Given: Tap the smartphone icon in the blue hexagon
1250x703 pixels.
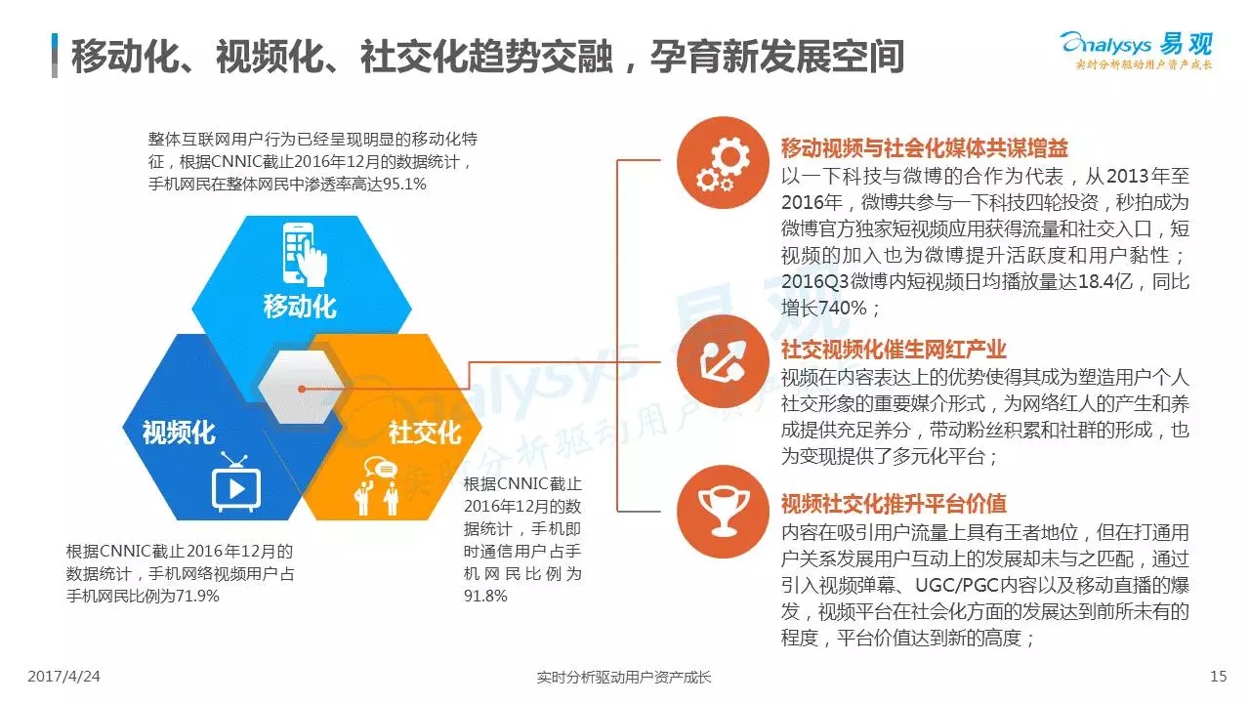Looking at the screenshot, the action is [x=304, y=255].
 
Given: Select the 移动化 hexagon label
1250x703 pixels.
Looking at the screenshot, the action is [x=300, y=307].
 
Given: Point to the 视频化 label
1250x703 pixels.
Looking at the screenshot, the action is [x=179, y=433].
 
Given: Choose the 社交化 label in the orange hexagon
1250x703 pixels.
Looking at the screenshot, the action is [x=425, y=433].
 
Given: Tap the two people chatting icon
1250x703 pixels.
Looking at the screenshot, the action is [x=377, y=486].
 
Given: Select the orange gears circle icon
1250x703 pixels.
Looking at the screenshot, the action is [x=723, y=162].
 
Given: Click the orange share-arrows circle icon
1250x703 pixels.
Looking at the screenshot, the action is [x=723, y=361].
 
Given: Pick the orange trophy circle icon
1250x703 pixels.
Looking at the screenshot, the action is [x=723, y=512].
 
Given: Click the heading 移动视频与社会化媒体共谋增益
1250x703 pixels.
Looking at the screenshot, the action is [x=924, y=147].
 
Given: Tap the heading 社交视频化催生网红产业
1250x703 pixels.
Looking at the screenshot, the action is [x=894, y=350].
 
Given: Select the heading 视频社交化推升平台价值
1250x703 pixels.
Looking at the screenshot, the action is [x=894, y=503].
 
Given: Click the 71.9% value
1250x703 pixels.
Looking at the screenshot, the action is [x=197, y=596].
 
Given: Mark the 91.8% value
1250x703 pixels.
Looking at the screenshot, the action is [x=485, y=596].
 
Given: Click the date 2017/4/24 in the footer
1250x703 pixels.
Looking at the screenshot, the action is [x=63, y=677].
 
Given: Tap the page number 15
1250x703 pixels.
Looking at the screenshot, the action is [x=1218, y=677].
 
